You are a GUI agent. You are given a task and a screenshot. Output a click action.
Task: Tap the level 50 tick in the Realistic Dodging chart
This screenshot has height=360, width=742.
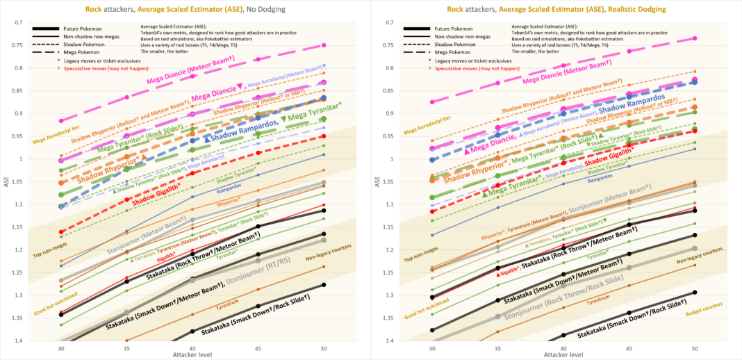click(x=695, y=347)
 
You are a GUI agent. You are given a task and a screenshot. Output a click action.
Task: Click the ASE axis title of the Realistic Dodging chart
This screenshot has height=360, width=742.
click(x=379, y=182)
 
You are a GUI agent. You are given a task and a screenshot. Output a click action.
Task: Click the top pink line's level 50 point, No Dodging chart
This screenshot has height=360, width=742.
click(x=324, y=46)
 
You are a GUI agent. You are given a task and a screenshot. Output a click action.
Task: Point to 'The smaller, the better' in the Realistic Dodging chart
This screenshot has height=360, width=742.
click(x=535, y=51)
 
